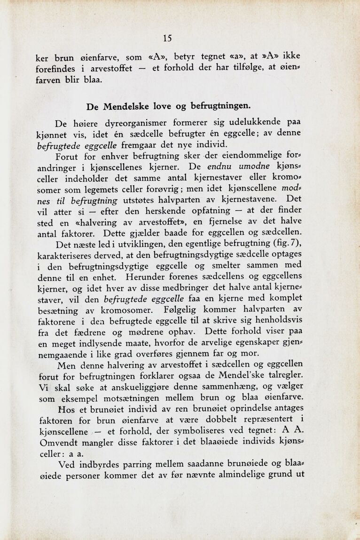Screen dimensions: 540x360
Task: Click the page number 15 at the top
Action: [167, 39]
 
